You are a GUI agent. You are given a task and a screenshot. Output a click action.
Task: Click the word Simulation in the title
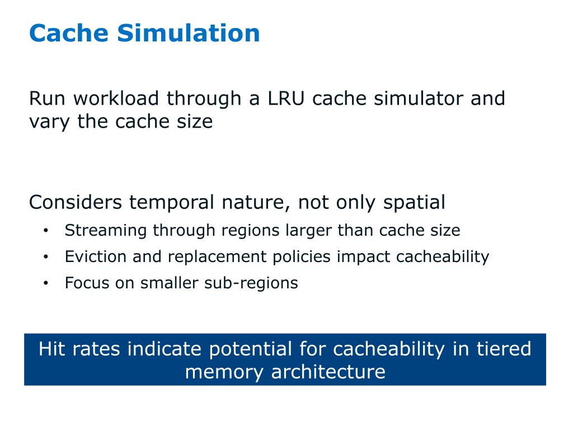coord(189,33)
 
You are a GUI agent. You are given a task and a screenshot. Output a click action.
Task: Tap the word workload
coord(116,99)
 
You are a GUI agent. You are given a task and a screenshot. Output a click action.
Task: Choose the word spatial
coord(414,202)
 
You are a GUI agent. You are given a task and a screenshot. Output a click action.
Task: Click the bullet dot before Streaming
coord(46,231)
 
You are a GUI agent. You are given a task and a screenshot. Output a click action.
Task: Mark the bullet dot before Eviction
coord(46,257)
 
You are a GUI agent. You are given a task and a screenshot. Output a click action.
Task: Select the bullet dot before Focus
coord(46,283)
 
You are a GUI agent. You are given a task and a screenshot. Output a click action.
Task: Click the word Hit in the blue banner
coord(52,349)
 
